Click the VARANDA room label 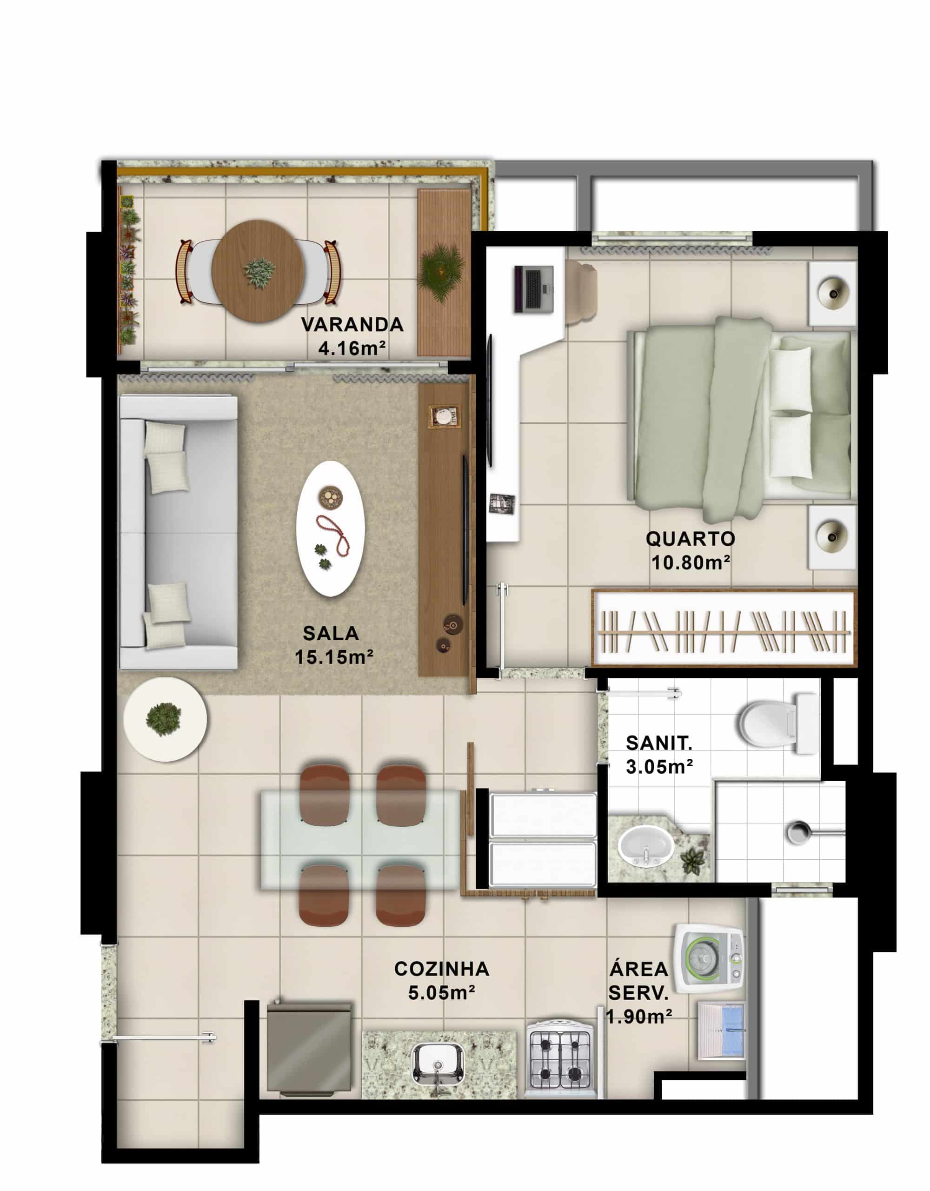[x=352, y=325]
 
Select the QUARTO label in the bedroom [x=690, y=539]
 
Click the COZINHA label [x=442, y=969]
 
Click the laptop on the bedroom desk [x=534, y=289]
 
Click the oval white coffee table [x=330, y=529]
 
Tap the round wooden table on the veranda [x=258, y=271]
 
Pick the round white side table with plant [x=165, y=719]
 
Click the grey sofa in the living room [x=178, y=532]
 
